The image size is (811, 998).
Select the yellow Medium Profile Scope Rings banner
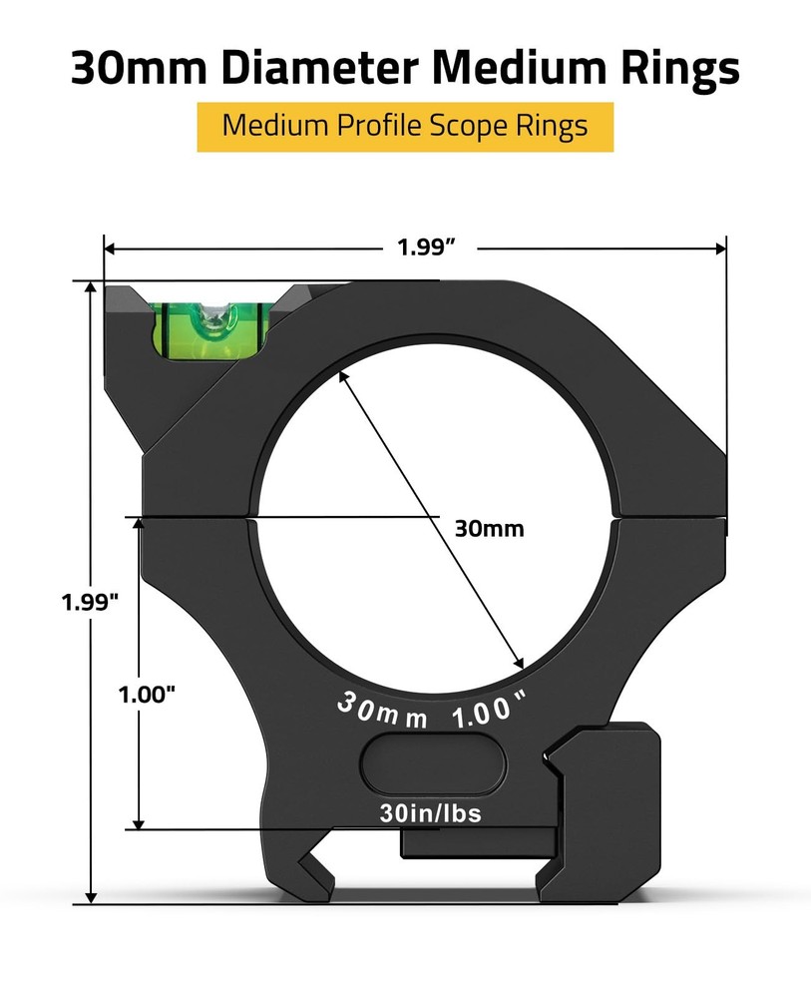(x=404, y=127)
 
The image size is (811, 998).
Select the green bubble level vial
(x=210, y=326)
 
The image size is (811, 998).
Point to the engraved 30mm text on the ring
(x=382, y=711)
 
